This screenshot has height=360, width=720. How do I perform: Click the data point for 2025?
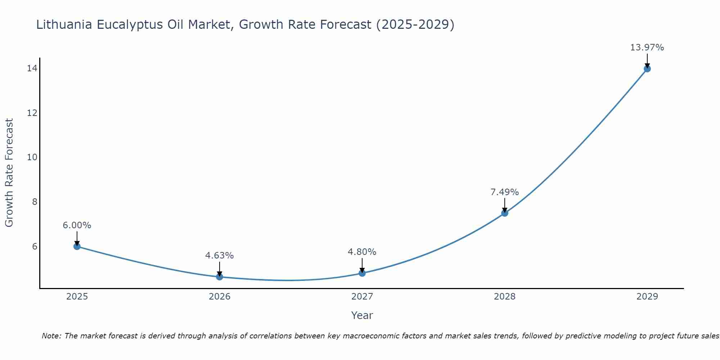click(x=77, y=246)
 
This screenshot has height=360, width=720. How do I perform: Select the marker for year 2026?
click(x=220, y=277)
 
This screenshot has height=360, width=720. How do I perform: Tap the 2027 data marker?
click(x=362, y=273)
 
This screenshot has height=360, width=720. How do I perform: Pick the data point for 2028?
click(x=505, y=213)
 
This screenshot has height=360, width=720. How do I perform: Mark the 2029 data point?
click(x=647, y=69)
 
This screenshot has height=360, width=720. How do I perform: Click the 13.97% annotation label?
click(x=647, y=48)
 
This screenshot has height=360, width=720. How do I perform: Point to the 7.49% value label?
click(x=505, y=192)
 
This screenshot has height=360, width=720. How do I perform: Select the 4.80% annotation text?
click(x=362, y=252)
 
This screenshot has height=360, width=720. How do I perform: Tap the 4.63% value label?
click(x=219, y=256)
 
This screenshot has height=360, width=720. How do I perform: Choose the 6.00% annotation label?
click(x=77, y=225)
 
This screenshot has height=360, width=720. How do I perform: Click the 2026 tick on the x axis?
click(x=220, y=297)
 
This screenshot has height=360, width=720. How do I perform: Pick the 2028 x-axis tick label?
click(x=505, y=297)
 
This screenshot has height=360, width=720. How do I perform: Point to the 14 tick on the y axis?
click(x=32, y=68)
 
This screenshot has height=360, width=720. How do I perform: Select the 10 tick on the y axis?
click(x=32, y=157)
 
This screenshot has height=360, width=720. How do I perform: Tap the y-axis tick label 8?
click(x=35, y=202)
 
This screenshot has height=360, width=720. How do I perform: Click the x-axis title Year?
click(x=362, y=315)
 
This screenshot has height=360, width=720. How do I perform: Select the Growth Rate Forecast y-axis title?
click(x=9, y=173)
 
